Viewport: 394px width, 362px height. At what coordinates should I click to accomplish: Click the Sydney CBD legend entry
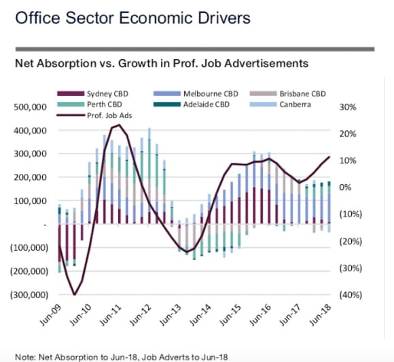(92, 94)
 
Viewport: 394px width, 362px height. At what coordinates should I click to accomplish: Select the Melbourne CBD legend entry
(196, 94)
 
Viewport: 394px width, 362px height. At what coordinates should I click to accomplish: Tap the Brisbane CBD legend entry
(288, 94)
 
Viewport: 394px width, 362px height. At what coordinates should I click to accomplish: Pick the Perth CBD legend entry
(90, 105)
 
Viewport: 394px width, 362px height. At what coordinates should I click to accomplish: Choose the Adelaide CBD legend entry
(192, 105)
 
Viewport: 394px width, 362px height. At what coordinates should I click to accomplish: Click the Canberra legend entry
(281, 105)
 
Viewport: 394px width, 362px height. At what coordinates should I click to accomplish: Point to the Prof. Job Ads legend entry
(94, 115)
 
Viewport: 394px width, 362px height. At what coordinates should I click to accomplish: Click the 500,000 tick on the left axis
(30, 107)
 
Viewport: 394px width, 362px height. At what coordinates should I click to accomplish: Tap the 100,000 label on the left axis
(30, 201)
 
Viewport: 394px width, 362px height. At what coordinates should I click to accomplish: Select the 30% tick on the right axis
(348, 107)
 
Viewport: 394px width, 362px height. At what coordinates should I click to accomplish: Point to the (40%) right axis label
(351, 295)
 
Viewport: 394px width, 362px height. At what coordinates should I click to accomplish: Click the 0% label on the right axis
(345, 187)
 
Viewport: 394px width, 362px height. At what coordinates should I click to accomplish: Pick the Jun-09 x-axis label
(50, 315)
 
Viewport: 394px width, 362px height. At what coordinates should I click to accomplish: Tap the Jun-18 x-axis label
(320, 315)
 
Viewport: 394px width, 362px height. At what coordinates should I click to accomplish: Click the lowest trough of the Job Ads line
(74, 295)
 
